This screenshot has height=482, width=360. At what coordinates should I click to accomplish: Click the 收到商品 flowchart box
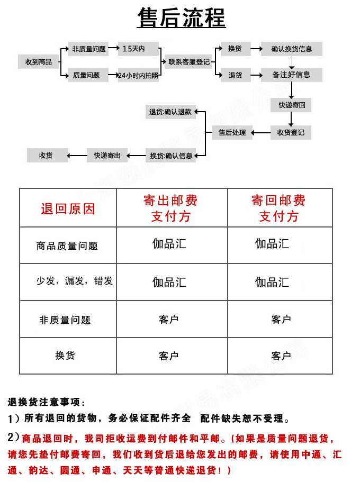pyautogui.click(x=39, y=62)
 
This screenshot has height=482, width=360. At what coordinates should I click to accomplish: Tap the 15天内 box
pyautogui.click(x=139, y=49)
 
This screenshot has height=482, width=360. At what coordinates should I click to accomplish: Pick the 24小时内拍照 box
pyautogui.click(x=139, y=75)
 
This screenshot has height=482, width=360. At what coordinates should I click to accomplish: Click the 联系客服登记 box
pyautogui.click(x=189, y=62)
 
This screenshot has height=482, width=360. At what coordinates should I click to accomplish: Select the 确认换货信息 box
pyautogui.click(x=292, y=49)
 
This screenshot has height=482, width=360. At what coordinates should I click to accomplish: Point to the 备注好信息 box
pyautogui.click(x=292, y=75)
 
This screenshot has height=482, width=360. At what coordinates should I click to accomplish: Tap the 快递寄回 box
pyautogui.click(x=292, y=105)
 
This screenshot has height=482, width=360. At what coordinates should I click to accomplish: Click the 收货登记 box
pyautogui.click(x=291, y=132)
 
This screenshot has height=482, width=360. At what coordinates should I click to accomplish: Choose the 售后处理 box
pyautogui.click(x=232, y=132)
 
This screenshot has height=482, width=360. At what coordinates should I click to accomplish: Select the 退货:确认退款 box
pyautogui.click(x=170, y=112)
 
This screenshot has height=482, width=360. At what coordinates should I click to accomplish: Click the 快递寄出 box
pyautogui.click(x=107, y=156)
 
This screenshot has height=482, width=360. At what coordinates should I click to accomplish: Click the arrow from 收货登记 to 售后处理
pyautogui.click(x=261, y=132)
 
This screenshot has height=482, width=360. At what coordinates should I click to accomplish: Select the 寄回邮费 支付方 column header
pyautogui.click(x=279, y=208)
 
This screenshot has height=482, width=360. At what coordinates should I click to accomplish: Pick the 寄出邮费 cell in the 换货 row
pyautogui.click(x=169, y=356)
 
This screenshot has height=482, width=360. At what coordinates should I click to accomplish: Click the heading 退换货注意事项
pyautogui.click(x=46, y=403)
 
